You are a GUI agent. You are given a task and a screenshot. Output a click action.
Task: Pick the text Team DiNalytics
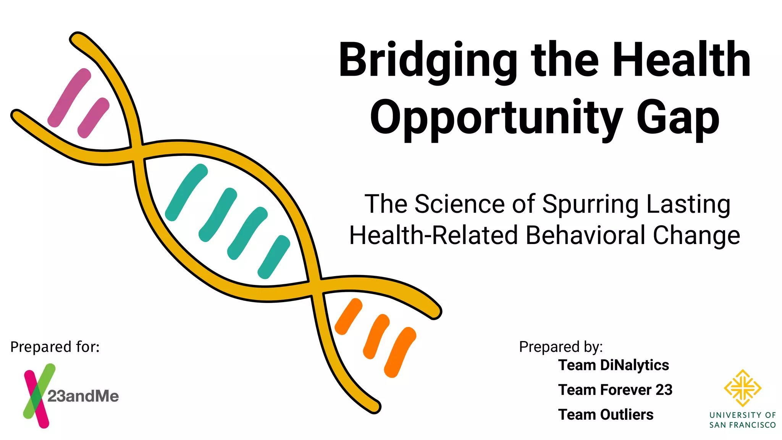[614, 365]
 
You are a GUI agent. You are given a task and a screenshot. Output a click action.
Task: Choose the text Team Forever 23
[615, 390]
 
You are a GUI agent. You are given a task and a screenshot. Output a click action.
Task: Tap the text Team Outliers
[606, 415]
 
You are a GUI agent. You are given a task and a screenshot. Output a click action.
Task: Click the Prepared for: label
[55, 347]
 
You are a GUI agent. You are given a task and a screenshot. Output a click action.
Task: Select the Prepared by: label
[561, 347]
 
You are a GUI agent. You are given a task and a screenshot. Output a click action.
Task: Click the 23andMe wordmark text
[83, 396]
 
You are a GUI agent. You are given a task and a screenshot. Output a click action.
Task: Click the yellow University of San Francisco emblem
[742, 388]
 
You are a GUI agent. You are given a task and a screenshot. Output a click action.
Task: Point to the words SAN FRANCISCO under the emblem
[742, 425]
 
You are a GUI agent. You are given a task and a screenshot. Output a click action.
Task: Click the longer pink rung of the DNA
[69, 98]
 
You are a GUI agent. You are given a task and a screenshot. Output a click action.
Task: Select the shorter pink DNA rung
[94, 118]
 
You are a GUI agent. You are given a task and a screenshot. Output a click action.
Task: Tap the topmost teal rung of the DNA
[186, 192]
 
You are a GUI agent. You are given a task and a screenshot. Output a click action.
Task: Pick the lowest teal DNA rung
[274, 257]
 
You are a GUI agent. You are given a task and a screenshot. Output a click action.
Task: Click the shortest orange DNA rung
[348, 316]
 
